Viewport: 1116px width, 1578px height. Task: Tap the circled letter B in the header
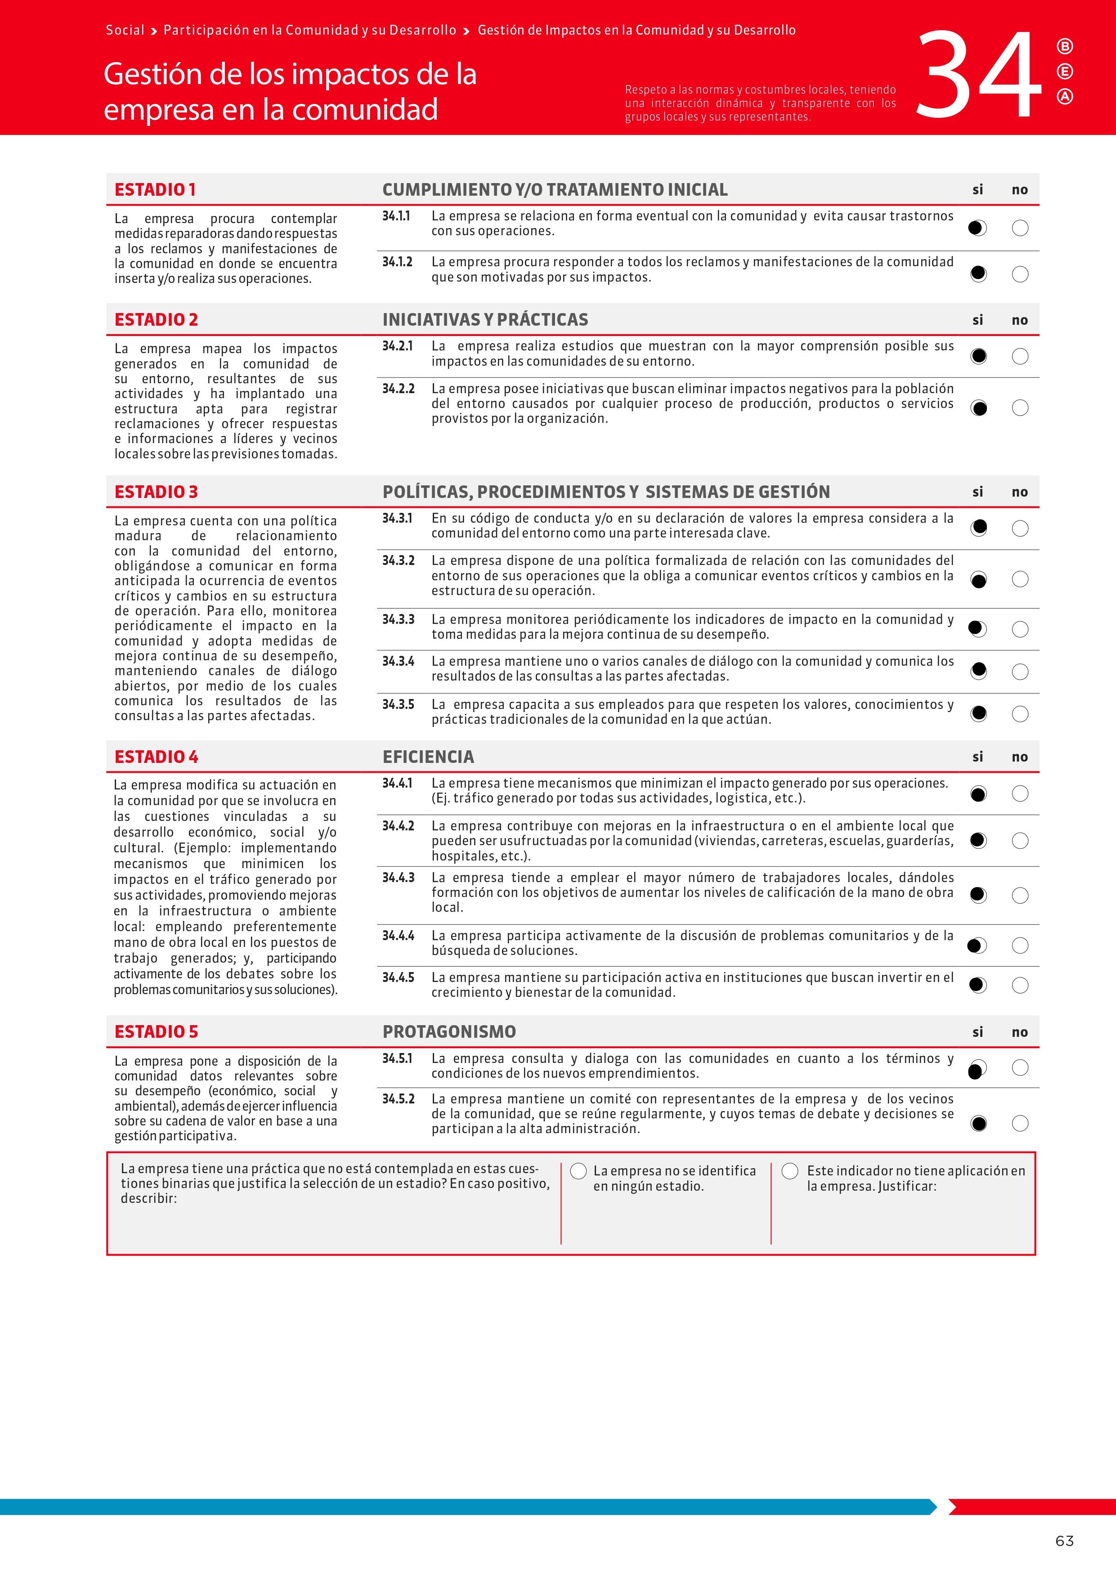pyautogui.click(x=1064, y=47)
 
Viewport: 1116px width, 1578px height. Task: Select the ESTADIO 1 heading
pyautogui.click(x=155, y=190)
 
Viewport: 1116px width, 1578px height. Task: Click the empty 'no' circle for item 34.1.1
pyautogui.click(x=1020, y=228)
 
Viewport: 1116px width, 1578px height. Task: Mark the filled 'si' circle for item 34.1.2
pyautogui.click(x=978, y=274)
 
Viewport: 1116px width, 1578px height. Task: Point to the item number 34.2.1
pyautogui.click(x=397, y=346)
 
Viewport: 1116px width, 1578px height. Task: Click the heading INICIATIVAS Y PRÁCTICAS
pyautogui.click(x=485, y=319)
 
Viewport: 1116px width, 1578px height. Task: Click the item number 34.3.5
pyautogui.click(x=398, y=704)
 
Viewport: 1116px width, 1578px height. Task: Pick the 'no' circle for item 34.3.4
pyautogui.click(x=1020, y=672)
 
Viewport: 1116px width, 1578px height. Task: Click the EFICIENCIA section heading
pyautogui.click(x=428, y=757)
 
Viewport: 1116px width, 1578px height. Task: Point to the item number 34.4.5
pyautogui.click(x=398, y=977)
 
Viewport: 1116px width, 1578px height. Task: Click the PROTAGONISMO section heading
pyautogui.click(x=449, y=1031)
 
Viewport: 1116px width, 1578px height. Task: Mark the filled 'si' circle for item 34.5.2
pyautogui.click(x=978, y=1124)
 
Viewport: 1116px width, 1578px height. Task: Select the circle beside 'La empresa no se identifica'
pyautogui.click(x=578, y=1171)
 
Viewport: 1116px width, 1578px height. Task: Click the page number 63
pyautogui.click(x=1064, y=1541)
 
